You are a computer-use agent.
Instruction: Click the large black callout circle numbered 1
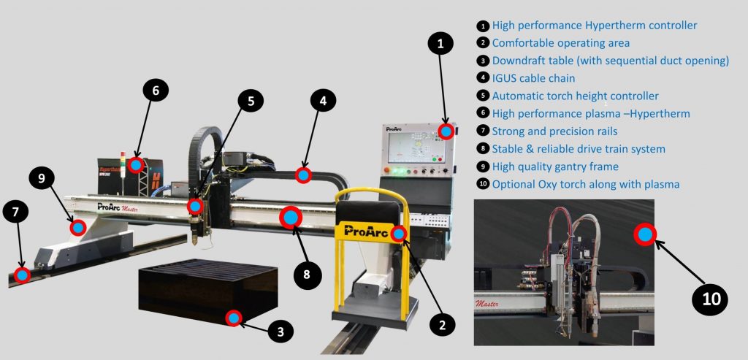coord(440,43)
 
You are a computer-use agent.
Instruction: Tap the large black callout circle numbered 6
coord(156,91)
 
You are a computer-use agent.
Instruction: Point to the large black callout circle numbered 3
coord(280,331)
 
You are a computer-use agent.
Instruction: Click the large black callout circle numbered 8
coord(306,274)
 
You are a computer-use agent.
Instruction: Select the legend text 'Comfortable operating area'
coord(560,43)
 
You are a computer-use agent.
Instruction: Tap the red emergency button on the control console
coord(387,170)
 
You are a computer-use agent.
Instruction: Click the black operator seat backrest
coord(368,212)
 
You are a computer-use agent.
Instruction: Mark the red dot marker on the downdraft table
coord(233,318)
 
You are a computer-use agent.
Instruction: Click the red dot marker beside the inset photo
coord(645,234)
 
